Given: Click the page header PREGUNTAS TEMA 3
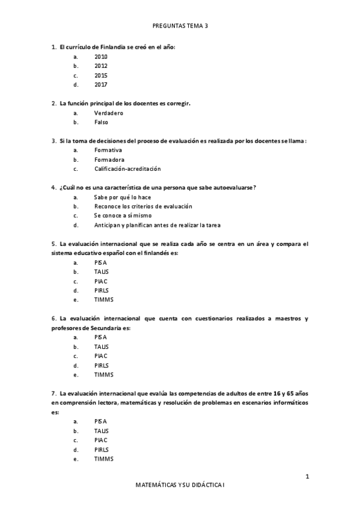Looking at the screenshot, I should point(180,26).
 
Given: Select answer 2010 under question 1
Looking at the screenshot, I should point(100,57).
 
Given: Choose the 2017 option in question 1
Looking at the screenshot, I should point(100,85).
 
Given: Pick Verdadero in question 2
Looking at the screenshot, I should point(109,112).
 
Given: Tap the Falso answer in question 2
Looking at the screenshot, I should point(101,122).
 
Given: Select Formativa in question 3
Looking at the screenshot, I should point(108,150).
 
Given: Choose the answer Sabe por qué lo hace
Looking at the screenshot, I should point(122,197).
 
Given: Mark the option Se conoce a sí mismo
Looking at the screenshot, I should point(123,215).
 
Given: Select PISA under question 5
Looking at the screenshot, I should point(100,262).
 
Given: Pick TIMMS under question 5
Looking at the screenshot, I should point(103,300).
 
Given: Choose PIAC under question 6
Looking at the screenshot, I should point(100,355).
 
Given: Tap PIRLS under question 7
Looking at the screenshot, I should point(101,450).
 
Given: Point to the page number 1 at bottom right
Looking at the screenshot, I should point(307,477).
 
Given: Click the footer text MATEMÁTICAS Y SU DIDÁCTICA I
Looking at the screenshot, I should point(180,484).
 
